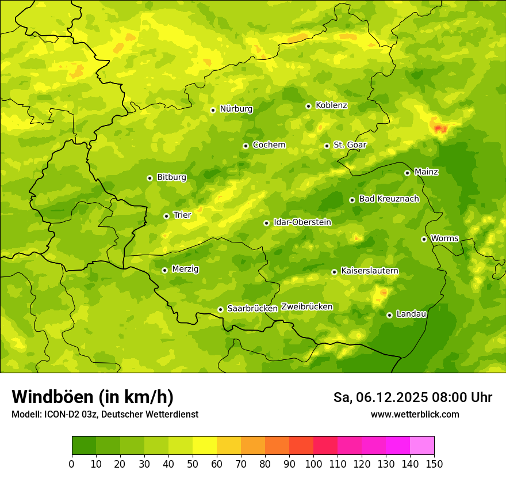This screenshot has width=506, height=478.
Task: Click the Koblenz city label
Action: pos(331,105)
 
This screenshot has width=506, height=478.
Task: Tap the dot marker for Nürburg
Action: pos(213,110)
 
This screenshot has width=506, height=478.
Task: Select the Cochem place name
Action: pos(269,145)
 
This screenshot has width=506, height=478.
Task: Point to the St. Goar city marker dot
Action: pos(327,146)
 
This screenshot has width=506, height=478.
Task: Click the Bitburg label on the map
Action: pos(171,177)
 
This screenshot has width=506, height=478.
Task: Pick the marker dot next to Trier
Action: pos(166,216)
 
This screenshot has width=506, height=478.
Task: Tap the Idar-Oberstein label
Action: pos(302,222)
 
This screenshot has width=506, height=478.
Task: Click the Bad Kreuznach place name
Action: pos(389,199)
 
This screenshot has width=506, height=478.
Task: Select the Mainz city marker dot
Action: pos(407,173)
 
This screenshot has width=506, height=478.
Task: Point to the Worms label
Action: pos(444,238)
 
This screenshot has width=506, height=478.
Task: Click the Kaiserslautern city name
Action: pos(370,271)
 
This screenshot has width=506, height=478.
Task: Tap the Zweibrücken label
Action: pos(306,307)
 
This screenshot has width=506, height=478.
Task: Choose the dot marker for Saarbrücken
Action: pos(220,309)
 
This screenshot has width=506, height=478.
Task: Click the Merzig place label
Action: pos(185,270)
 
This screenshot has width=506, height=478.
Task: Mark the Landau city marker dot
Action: pos(389,315)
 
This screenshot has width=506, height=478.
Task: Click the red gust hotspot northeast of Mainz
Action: pos(440,128)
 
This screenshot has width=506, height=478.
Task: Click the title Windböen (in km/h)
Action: pos(93,397)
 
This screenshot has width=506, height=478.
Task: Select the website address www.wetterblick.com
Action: pos(415,414)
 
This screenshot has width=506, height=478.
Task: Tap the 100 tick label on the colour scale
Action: pos(313,464)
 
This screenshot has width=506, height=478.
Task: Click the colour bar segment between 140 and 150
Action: pos(422,446)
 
